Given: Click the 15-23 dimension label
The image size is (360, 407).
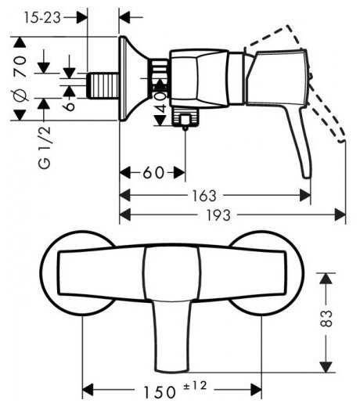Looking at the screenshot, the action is [42, 18].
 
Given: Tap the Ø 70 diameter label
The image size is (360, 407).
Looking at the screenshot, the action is [20, 78].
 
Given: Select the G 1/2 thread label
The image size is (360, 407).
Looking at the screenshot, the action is [45, 148].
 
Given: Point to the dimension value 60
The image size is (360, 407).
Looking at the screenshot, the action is [153, 172].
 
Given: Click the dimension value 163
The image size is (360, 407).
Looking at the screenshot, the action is [204, 196].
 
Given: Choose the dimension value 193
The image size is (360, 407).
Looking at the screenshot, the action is [218, 215].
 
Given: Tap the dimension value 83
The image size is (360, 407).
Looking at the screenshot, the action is [326, 319].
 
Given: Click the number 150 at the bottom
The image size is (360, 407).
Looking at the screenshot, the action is [160, 392].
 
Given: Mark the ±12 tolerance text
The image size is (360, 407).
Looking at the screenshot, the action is [195, 386].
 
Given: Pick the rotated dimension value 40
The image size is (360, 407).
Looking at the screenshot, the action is [161, 102].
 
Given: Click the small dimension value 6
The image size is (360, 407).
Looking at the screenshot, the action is [69, 106].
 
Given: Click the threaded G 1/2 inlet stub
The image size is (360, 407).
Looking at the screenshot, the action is [103, 86].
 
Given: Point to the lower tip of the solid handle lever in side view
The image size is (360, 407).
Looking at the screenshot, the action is [307, 178].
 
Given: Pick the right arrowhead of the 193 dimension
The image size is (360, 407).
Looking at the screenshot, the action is [340, 215].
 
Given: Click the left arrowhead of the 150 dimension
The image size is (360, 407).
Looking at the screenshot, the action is [88, 390].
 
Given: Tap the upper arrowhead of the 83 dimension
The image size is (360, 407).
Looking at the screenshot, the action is [326, 279].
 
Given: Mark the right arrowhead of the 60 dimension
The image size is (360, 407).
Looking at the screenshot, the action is [179, 172].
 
